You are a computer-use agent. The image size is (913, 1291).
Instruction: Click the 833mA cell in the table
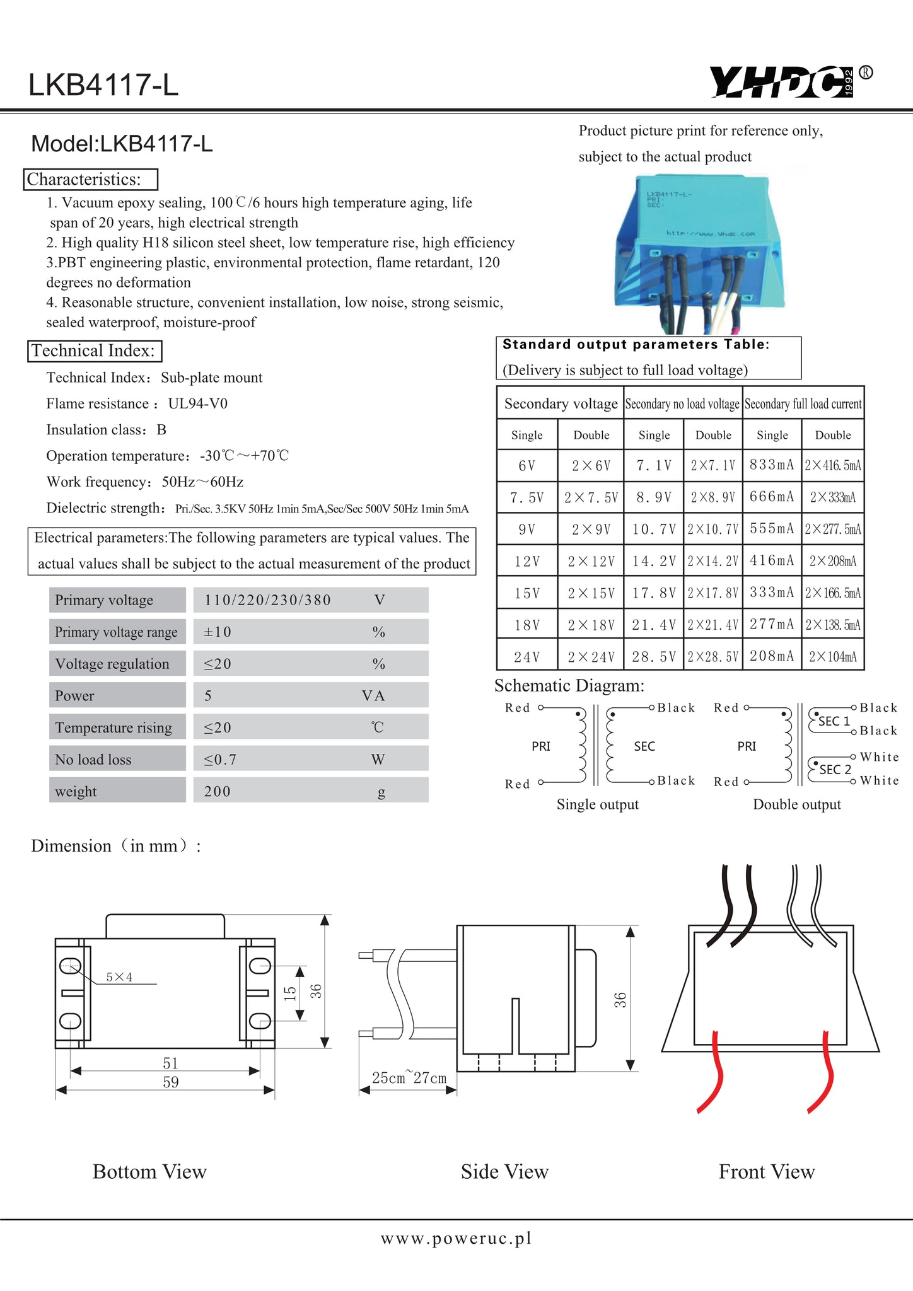point(772,465)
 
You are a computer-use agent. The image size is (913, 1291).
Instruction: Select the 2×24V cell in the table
point(591,657)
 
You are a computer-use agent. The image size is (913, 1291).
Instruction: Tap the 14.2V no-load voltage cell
point(654,561)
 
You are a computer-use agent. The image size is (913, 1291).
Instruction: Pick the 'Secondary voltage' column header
point(561,404)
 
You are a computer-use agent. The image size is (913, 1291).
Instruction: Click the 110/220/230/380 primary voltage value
point(267,600)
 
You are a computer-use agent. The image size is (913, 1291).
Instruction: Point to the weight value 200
point(217,791)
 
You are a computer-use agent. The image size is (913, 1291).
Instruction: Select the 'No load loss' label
point(93,760)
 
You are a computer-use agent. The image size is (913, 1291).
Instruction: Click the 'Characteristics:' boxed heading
point(91,180)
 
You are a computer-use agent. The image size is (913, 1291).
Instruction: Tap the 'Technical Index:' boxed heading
point(95,351)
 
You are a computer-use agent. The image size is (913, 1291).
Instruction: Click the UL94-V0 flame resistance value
point(197,403)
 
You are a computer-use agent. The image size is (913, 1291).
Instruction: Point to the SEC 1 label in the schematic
point(834,721)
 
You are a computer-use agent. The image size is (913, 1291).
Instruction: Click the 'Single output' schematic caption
point(597,804)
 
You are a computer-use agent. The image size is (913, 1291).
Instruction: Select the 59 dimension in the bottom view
point(170,1082)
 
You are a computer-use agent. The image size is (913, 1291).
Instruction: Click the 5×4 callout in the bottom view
point(119,977)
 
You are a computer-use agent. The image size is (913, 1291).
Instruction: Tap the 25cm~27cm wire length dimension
point(409,1078)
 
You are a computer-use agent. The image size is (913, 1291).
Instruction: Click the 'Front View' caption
point(767,1172)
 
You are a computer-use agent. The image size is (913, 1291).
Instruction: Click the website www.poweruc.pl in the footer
point(456,1238)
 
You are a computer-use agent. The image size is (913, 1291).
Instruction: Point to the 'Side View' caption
point(504,1172)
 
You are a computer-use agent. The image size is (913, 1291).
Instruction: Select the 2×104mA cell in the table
point(833,657)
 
